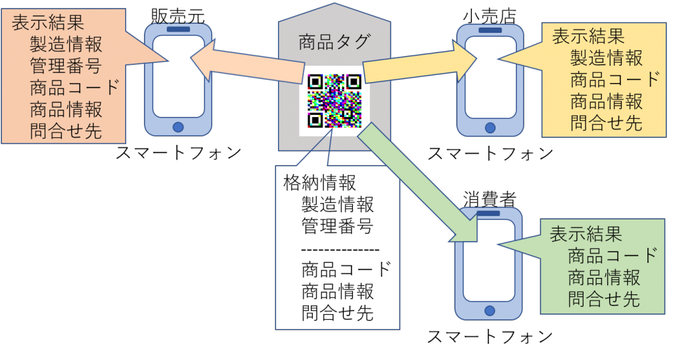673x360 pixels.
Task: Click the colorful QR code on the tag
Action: click(x=335, y=101)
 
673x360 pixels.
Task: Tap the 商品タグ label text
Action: click(x=335, y=43)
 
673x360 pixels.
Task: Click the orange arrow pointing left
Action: click(x=250, y=66)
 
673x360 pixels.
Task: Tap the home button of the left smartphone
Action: click(x=178, y=127)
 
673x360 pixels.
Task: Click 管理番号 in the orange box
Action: click(x=66, y=66)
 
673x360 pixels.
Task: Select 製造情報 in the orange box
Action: click(x=66, y=45)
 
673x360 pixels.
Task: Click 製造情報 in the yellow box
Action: click(x=606, y=58)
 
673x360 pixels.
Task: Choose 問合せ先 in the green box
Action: click(x=604, y=300)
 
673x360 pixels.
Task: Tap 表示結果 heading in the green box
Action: click(x=586, y=234)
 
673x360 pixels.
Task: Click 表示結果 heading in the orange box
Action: click(x=48, y=23)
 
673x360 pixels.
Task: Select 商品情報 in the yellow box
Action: click(x=606, y=101)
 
